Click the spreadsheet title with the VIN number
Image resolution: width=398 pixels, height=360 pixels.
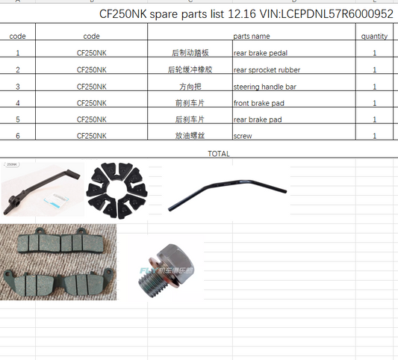tap(246, 14)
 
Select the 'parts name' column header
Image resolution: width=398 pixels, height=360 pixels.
tap(252, 36)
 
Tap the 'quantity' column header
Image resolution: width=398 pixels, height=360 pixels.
tap(374, 36)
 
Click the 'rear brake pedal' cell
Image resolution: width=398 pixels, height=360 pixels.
tap(261, 53)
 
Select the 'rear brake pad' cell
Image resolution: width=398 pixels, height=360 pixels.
tap(258, 120)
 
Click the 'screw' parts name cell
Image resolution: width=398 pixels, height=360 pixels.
tap(243, 136)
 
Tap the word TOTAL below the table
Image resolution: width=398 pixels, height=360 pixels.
tap(218, 153)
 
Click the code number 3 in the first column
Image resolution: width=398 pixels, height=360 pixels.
tap(17, 87)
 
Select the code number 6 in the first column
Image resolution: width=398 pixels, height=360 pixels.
tap(17, 136)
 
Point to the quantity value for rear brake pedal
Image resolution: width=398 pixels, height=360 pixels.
tap(374, 53)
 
